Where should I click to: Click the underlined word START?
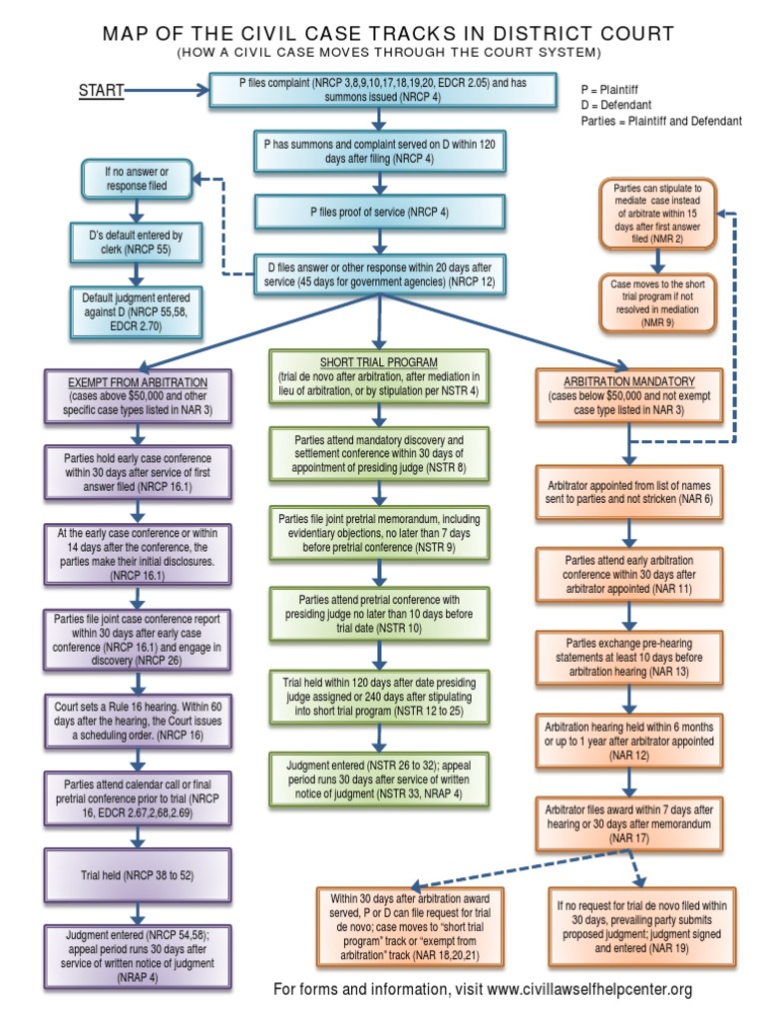pos(101,92)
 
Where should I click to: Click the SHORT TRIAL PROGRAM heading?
pos(378,361)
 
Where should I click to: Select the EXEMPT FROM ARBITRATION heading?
pos(137,382)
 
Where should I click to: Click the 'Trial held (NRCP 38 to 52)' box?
pos(137,875)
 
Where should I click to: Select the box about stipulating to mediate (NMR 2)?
pos(656,213)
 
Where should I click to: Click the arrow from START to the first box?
pos(166,92)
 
